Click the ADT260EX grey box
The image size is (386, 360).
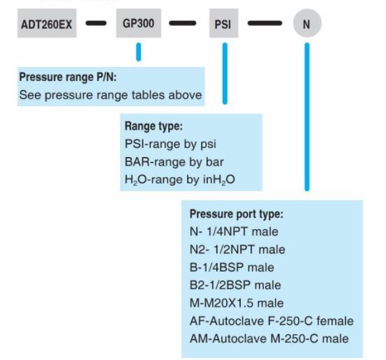pos(47,23)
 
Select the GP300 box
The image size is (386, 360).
pos(139,23)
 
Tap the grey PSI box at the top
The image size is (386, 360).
pos(224,23)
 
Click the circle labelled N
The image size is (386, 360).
pos(307,23)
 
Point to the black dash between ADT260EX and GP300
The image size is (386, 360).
pos(96,23)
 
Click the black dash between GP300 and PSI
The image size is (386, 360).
pos(182,23)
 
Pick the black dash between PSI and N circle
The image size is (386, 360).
pos(265,23)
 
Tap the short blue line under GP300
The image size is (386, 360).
pos(139,52)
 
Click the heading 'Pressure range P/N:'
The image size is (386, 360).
pos(68,77)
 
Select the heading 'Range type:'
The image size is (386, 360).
pos(154,126)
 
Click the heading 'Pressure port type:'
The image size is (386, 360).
pos(237,213)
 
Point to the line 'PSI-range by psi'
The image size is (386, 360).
pos(170,144)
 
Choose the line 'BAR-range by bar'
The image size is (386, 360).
pos(174,162)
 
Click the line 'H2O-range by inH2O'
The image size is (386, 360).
pos(179,180)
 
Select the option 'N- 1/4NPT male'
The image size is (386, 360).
pos(234,232)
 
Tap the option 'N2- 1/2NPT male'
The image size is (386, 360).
pos(237,250)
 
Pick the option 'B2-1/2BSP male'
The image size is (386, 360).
pos(235,285)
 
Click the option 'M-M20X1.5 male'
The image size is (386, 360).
pos(237,303)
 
